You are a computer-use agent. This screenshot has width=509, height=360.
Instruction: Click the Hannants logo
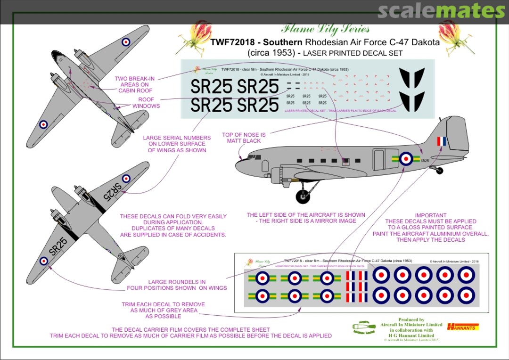463,327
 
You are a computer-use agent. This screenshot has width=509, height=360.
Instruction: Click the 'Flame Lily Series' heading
325,29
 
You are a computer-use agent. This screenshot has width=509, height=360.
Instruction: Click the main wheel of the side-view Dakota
303,196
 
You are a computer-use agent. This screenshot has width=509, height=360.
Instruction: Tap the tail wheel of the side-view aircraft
439,171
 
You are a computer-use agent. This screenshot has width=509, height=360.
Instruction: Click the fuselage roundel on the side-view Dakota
406,159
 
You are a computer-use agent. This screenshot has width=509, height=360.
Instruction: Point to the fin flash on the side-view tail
441,141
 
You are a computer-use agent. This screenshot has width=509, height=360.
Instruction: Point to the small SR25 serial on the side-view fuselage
425,161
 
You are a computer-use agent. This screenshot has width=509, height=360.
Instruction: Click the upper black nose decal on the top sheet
412,78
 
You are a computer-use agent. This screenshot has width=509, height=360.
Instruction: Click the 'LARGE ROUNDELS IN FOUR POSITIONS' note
177,285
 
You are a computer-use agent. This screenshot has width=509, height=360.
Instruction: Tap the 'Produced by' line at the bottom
411,320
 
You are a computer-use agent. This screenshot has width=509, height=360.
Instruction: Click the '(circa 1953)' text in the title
267,53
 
